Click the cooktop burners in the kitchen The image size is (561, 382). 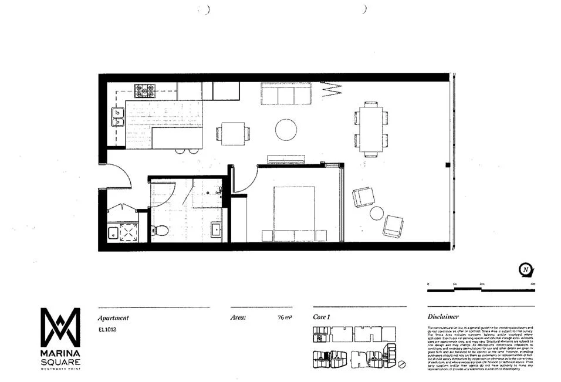[x=146, y=91]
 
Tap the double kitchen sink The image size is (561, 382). [x=117, y=117]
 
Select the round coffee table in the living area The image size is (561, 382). [x=286, y=129]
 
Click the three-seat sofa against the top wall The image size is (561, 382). [x=286, y=93]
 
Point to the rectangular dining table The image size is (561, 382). [x=371, y=129]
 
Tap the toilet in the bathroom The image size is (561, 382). [x=160, y=230]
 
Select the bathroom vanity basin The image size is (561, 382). [x=215, y=229]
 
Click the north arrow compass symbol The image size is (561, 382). [x=526, y=269]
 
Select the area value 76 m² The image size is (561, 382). [x=285, y=318]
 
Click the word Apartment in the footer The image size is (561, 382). [x=113, y=317]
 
